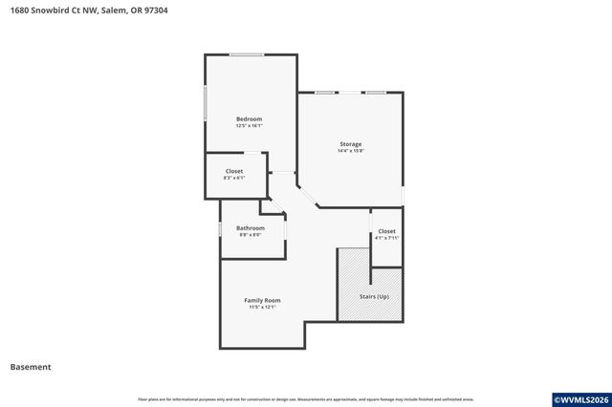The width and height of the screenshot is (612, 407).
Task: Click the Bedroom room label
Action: coord(249,118)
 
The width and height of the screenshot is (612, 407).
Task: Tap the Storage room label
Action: coord(350,144)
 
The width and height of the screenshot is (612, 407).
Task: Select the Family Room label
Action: coord(262,300)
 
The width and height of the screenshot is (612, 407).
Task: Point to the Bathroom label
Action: coord(251,228)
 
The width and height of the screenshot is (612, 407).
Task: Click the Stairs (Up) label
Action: coord(374,297)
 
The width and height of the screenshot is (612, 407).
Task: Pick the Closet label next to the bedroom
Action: coord(234,171)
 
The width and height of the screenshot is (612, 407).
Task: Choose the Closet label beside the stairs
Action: coord(386,231)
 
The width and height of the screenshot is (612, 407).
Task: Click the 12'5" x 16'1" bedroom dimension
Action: coord(249,125)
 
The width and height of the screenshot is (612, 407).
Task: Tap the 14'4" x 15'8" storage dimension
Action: coord(350,151)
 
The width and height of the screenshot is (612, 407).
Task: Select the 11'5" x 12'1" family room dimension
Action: coord(262,307)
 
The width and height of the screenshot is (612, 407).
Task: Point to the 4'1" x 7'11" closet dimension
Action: coord(386,238)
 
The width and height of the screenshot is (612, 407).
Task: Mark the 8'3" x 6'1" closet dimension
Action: coord(234,178)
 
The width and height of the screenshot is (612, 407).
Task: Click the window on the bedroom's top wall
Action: coord(247,54)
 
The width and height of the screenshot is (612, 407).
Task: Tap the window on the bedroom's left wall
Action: coord(206,103)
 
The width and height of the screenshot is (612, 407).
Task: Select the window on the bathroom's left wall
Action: coord(221,229)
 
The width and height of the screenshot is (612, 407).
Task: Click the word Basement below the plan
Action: coord(31,367)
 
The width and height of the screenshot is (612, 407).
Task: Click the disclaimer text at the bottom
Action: coord(305,399)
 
